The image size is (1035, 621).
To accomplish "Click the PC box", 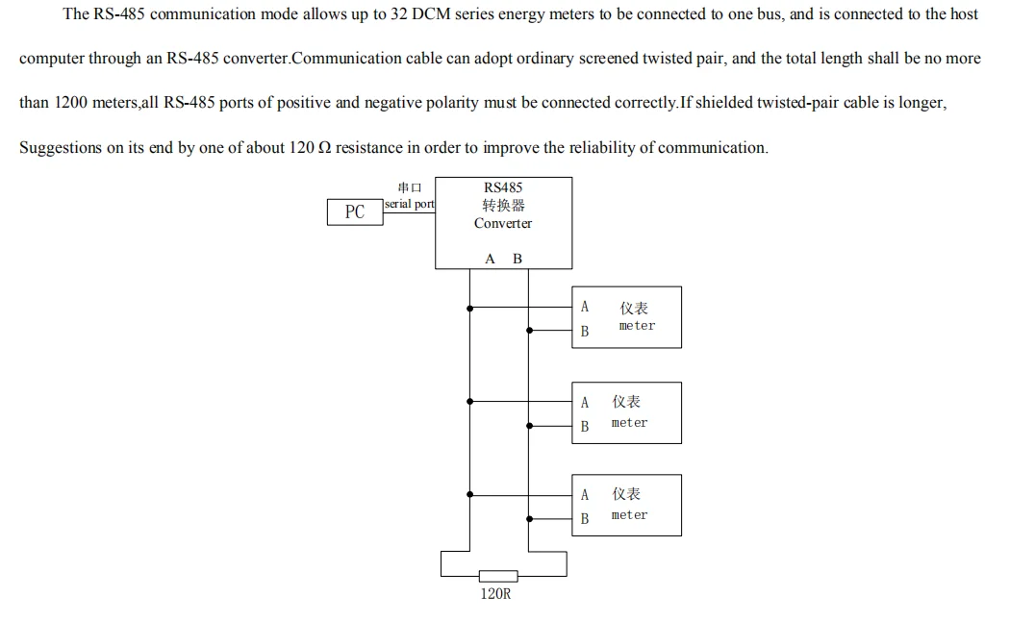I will pyautogui.click(x=355, y=212).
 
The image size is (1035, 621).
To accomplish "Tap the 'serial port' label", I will pyautogui.click(x=410, y=204).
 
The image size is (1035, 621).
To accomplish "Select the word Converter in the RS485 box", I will pyautogui.click(x=502, y=223).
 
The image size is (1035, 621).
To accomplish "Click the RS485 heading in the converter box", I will pyautogui.click(x=503, y=187).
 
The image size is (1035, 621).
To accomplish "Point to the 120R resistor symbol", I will pyautogui.click(x=497, y=576).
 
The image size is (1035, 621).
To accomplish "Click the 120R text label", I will pyautogui.click(x=496, y=594).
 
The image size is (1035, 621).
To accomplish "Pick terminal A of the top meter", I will pyautogui.click(x=584, y=308).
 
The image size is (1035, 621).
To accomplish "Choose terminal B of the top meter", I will pyautogui.click(x=584, y=332).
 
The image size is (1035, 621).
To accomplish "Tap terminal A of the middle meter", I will pyautogui.click(x=584, y=403).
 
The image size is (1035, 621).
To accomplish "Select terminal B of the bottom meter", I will pyautogui.click(x=584, y=519).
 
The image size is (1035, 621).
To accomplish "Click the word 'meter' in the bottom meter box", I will pyautogui.click(x=629, y=515).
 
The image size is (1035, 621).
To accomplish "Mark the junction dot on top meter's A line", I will pyautogui.click(x=469, y=309).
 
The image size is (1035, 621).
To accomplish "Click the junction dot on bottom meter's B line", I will pyautogui.click(x=529, y=519).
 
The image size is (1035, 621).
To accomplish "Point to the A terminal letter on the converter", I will pyautogui.click(x=490, y=259).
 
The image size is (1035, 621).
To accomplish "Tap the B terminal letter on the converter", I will pyautogui.click(x=517, y=259).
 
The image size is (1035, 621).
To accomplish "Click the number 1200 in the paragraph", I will pyautogui.click(x=71, y=103).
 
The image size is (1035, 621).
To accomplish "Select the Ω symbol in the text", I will pyautogui.click(x=325, y=148).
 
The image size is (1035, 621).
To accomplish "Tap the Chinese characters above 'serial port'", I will pyautogui.click(x=409, y=187).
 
